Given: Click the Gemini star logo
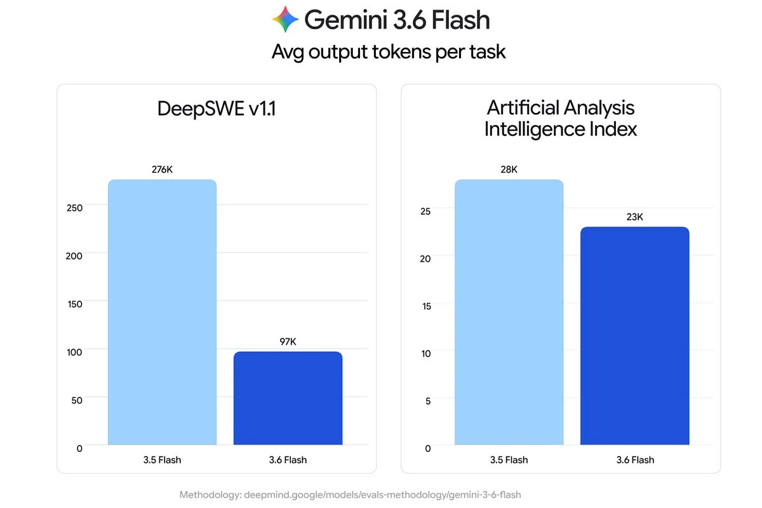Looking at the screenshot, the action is [x=285, y=20].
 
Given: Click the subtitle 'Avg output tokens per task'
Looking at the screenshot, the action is [x=389, y=52].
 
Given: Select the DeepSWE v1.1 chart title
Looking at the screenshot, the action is [x=217, y=109].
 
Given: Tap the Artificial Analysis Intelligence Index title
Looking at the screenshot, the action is [x=561, y=118].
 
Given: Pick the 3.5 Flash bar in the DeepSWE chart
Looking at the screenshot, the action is [x=163, y=312].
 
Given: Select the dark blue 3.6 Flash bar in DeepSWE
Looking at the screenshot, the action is [x=288, y=398].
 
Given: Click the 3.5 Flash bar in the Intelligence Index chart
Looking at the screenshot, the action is [x=509, y=312].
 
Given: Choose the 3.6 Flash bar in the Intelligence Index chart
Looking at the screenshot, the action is [x=635, y=335].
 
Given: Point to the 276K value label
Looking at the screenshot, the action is [x=163, y=170].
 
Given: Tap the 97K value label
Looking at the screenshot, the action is [x=288, y=342].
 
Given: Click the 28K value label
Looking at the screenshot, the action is [x=509, y=170].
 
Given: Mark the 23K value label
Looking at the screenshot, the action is [x=635, y=217].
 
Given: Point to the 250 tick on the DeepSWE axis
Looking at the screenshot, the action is [x=74, y=208].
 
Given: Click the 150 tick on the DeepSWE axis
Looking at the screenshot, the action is [x=75, y=304].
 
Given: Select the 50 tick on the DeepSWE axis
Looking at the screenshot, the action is [x=77, y=400].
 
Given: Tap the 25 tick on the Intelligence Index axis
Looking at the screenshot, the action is [x=425, y=211].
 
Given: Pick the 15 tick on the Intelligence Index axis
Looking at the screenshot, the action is [x=427, y=306].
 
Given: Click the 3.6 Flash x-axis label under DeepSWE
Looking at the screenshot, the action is [x=288, y=460].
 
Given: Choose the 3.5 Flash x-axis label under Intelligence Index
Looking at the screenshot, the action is [x=509, y=460].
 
